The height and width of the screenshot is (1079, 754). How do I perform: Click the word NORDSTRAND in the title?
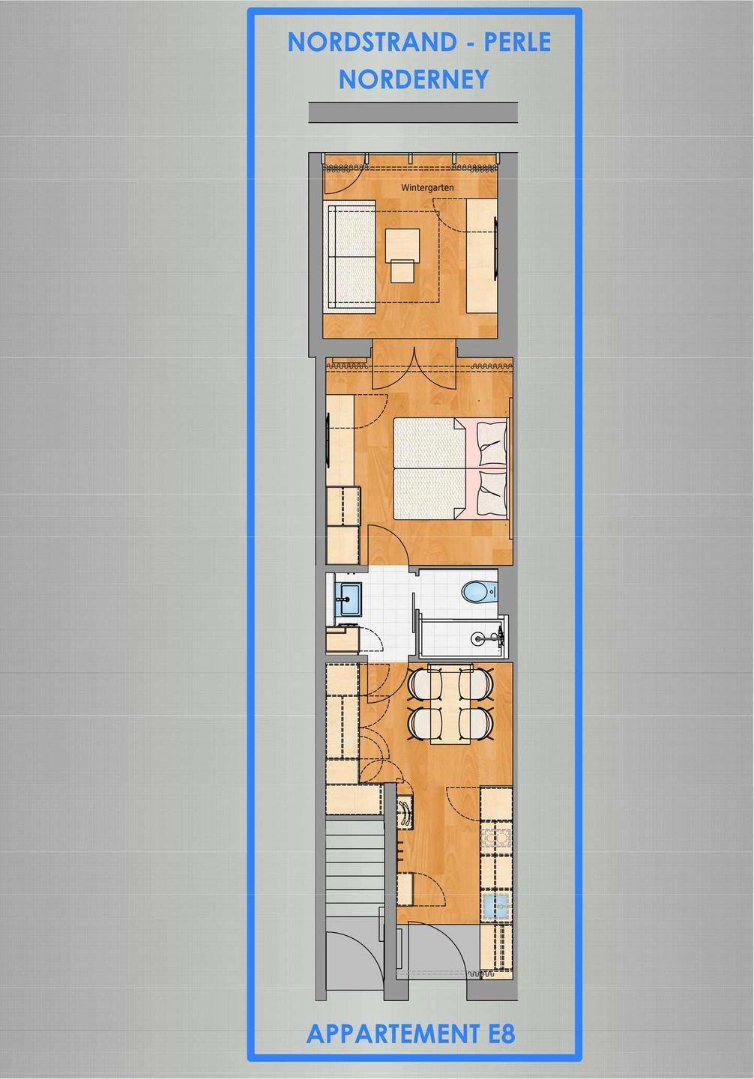372,43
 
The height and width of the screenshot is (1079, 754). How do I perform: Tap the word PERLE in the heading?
517,43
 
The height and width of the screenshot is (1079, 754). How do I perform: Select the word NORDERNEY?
414,79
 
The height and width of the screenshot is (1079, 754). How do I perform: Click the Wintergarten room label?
427,188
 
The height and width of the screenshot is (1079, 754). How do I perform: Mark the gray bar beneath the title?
413,112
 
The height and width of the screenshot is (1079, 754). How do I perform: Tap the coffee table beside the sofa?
402,249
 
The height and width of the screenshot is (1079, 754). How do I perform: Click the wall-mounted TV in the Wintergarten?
495,248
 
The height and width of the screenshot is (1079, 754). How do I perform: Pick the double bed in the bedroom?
451,468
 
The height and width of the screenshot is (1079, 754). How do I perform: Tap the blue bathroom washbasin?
347,598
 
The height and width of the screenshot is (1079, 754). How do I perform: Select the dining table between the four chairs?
451,704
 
